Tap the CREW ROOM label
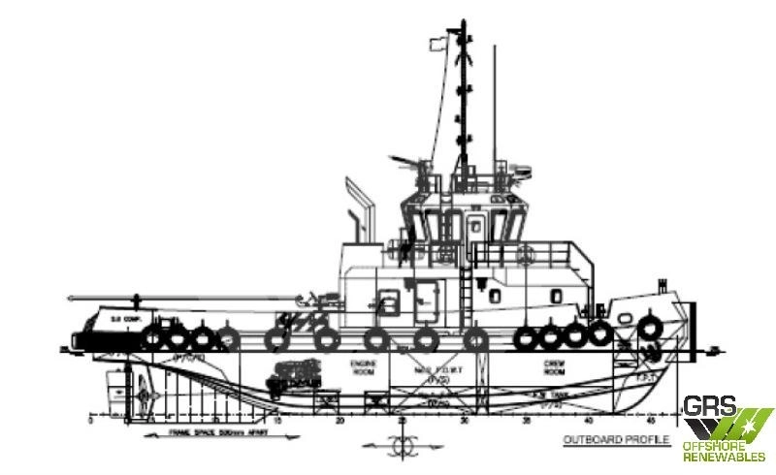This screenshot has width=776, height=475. (x=549, y=369)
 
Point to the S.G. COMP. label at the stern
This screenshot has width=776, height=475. (x=120, y=316)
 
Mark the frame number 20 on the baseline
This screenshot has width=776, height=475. (x=340, y=423)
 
